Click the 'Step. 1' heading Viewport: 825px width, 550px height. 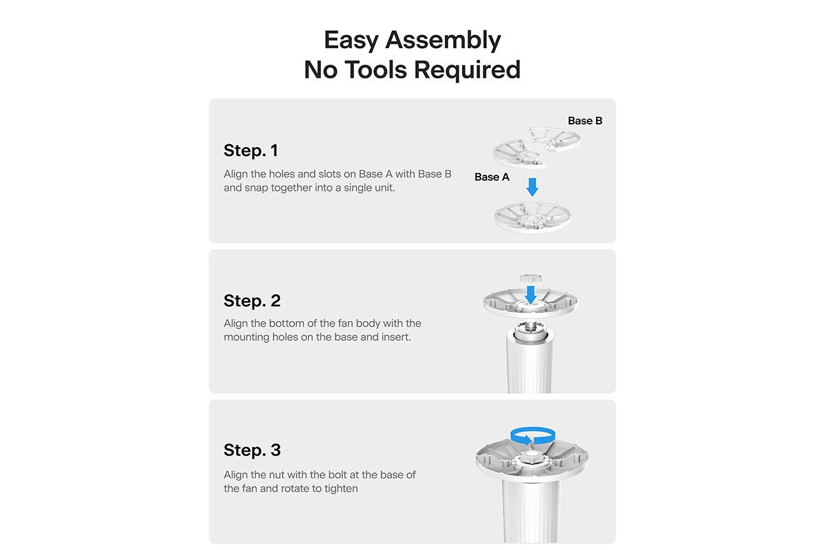click(251, 151)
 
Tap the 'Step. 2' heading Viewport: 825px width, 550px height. click(252, 300)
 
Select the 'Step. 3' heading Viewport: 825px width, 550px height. click(252, 450)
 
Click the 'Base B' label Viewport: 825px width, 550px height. click(585, 121)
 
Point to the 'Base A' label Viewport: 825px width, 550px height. click(492, 177)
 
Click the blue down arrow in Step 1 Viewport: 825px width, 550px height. click(532, 187)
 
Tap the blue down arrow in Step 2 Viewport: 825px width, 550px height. click(530, 295)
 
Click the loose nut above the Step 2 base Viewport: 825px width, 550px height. click(530, 278)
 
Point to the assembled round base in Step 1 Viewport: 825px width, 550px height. click(532, 217)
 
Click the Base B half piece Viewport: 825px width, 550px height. click(555, 140)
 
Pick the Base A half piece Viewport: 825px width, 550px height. click(519, 155)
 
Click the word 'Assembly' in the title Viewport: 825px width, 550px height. click(442, 40)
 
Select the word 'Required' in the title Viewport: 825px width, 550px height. click(467, 70)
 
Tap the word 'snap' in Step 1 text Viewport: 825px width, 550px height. click(256, 188)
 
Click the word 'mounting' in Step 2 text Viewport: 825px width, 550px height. click(246, 338)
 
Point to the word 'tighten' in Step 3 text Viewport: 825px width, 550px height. click(341, 489)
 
